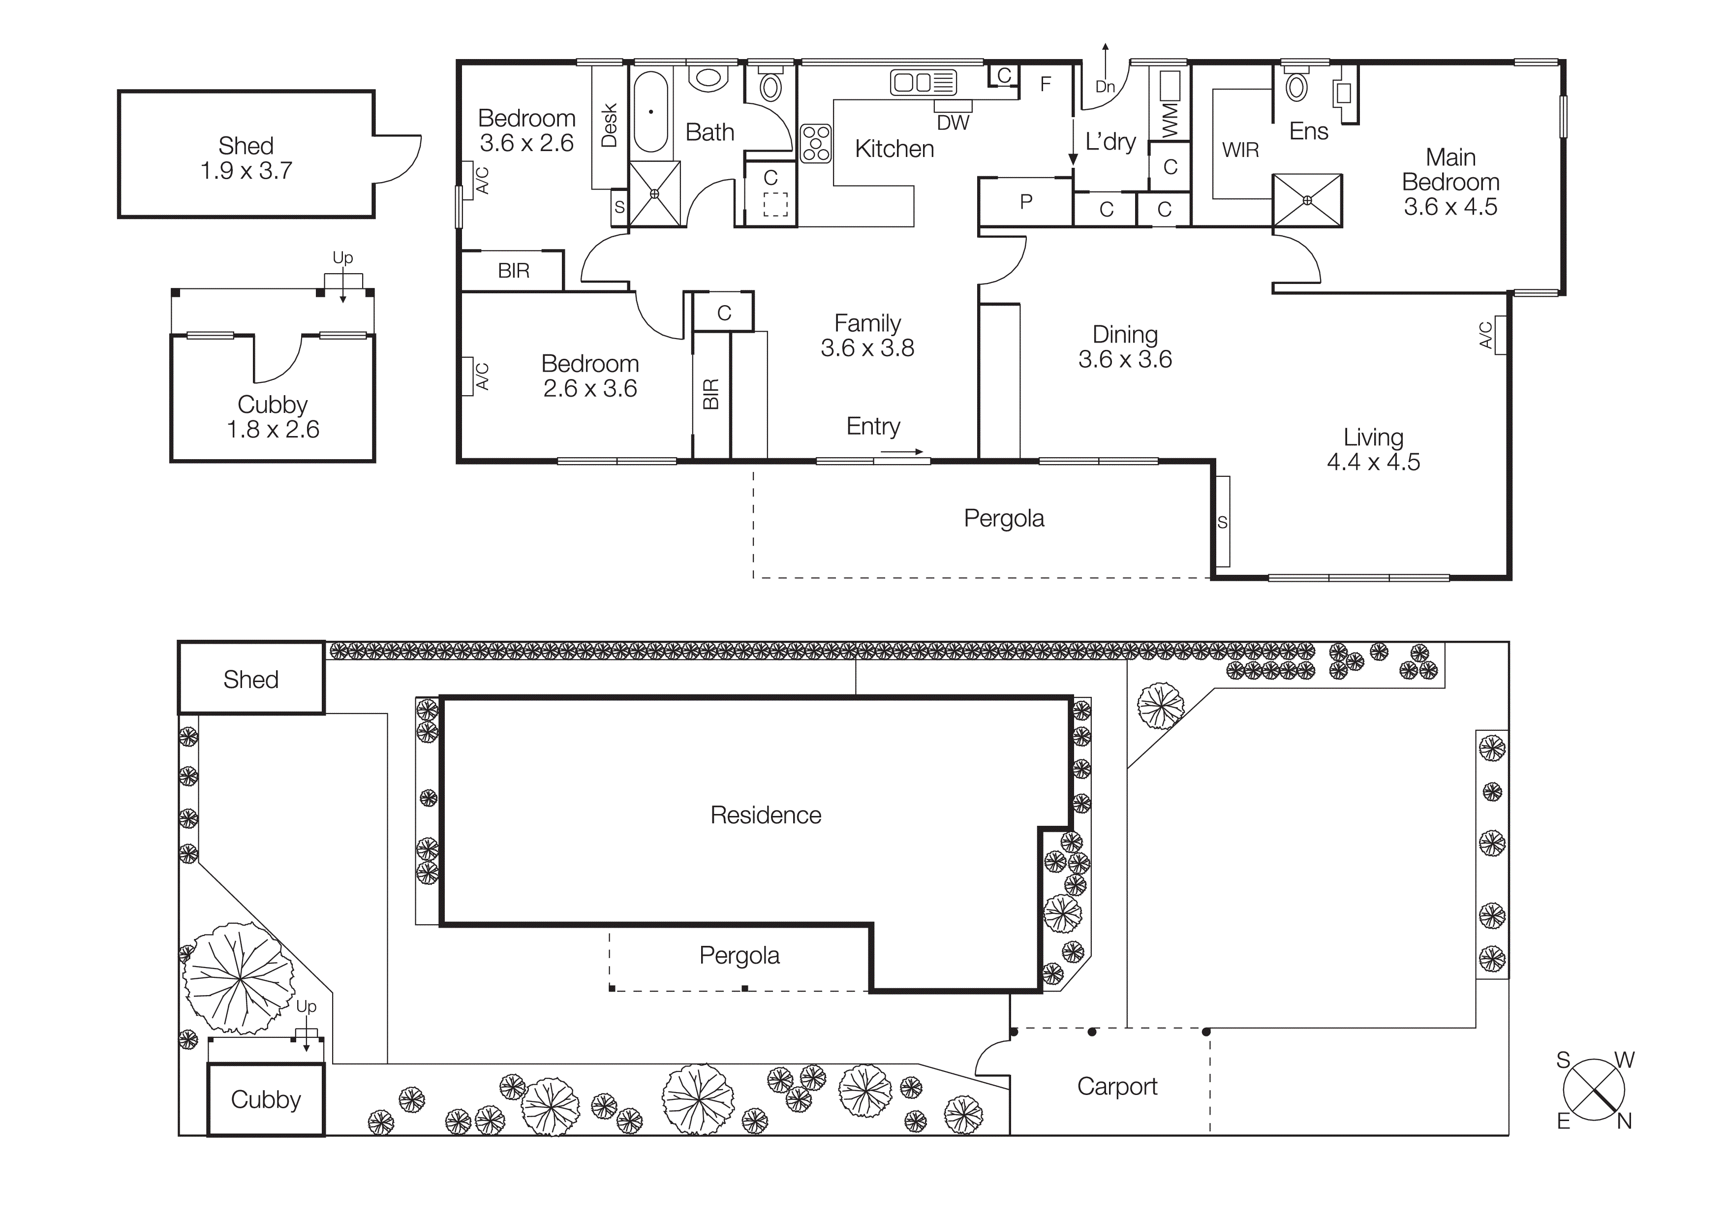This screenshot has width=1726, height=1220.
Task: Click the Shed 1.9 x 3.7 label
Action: click(246, 158)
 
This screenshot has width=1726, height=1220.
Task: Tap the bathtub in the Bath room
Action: click(650, 112)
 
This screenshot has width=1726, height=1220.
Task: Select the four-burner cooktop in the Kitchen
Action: click(816, 143)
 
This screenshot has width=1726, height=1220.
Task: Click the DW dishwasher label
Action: click(953, 123)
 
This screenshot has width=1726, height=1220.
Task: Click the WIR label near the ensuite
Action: click(1240, 150)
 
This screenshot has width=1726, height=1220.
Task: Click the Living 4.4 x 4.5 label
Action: click(1373, 449)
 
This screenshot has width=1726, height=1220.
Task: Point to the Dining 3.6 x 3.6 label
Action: click(1125, 346)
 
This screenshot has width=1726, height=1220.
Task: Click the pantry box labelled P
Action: click(1025, 201)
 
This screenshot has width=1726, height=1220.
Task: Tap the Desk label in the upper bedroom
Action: click(609, 125)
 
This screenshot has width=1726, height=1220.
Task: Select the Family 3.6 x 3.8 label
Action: click(867, 335)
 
